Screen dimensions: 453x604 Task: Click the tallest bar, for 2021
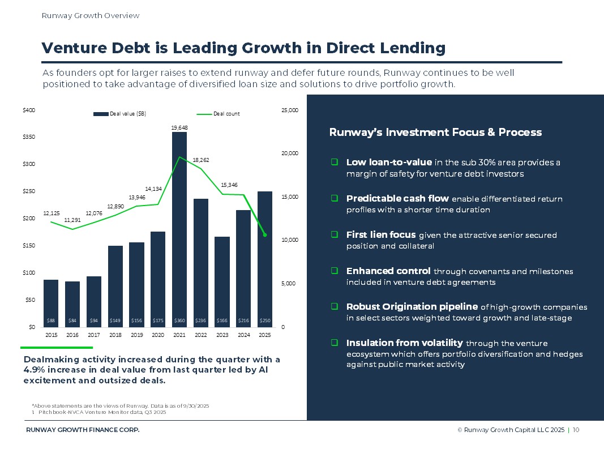(179, 226)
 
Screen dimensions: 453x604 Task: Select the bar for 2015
(51, 300)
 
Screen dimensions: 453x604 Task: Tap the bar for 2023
(222, 280)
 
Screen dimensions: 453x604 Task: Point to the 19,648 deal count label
(179, 127)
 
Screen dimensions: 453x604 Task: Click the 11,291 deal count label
(72, 220)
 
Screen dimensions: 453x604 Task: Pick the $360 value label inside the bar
(179, 320)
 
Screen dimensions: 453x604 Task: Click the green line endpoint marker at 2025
(265, 235)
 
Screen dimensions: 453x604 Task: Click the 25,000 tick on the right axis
(289, 110)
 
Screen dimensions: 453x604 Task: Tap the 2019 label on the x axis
(136, 335)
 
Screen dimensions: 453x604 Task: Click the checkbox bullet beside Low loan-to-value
(335, 163)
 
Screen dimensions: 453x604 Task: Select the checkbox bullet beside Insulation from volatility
(335, 343)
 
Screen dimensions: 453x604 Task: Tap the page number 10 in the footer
(576, 430)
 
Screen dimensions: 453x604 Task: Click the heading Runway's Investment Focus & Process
(435, 133)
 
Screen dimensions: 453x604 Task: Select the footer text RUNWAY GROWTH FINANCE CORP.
(83, 430)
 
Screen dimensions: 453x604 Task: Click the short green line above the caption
(56, 347)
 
